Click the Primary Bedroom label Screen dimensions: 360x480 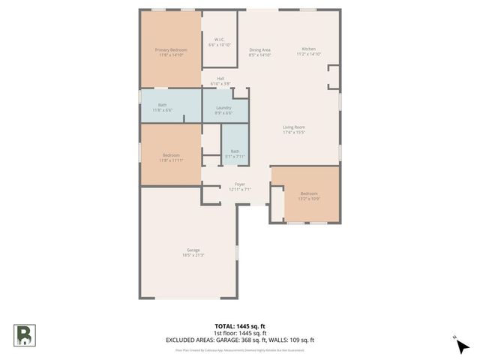tap(171, 50)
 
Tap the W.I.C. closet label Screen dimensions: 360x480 tap(220, 40)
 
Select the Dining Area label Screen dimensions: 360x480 tap(260, 50)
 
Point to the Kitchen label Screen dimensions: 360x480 tap(308, 49)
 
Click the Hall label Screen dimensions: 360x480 tap(220, 78)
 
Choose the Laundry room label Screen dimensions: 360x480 tap(223, 107)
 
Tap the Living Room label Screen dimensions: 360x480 tap(293, 127)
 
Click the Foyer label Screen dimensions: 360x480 tap(240, 184)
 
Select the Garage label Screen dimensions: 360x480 tap(193, 250)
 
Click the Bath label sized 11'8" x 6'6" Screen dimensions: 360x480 tap(162, 105)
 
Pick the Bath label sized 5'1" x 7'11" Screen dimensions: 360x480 tap(235, 151)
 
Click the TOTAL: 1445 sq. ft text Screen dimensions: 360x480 tap(240, 326)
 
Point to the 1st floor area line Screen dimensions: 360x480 tap(240, 332)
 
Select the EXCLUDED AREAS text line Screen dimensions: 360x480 tap(240, 339)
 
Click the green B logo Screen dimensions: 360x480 tap(24, 334)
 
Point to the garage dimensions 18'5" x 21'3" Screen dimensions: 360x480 tap(193, 255)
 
